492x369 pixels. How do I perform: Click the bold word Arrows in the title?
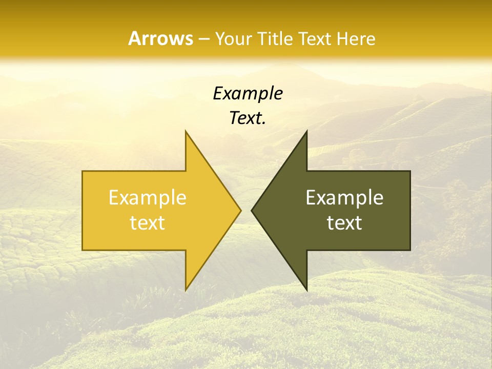tap(160, 38)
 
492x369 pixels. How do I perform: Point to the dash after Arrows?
tap(203, 39)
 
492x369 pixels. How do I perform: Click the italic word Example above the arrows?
tap(248, 94)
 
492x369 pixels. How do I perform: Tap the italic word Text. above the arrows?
tap(248, 118)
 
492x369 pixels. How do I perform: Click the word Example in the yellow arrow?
tap(148, 198)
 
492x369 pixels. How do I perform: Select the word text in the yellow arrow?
tap(148, 223)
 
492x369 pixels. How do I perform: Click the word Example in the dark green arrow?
tap(344, 198)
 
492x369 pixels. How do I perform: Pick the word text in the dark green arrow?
tap(344, 223)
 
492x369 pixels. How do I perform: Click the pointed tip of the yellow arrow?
tap(241, 210)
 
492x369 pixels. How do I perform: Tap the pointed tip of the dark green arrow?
tap(252, 210)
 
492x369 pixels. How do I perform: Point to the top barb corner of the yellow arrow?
tap(186, 131)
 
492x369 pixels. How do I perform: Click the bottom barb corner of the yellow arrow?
tap(186, 290)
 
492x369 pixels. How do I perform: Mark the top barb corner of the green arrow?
tap(306, 131)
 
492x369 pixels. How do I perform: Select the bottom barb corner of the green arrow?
tap(306, 290)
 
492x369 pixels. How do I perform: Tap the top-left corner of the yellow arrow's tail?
tap(83, 171)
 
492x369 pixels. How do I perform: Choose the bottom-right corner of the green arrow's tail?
tap(410, 250)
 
